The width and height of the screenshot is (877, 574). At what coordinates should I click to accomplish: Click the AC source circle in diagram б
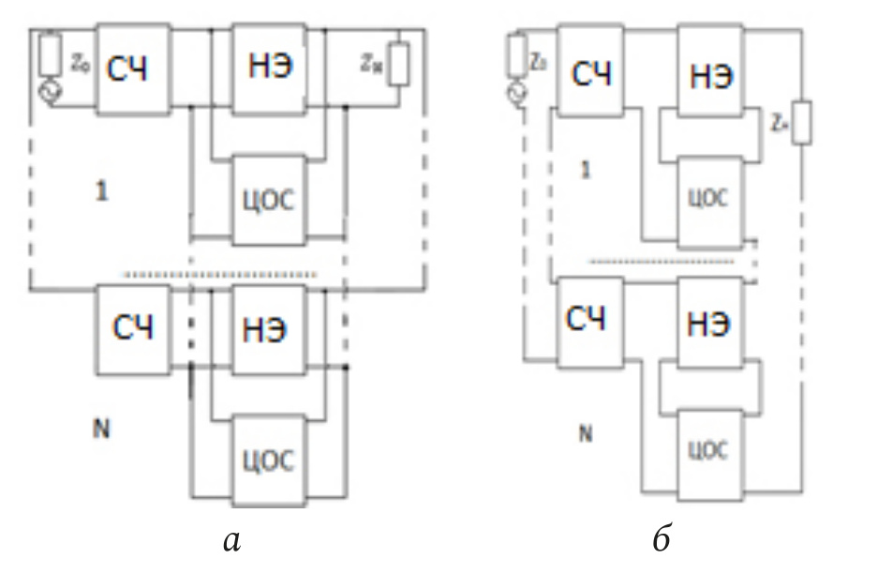(x=514, y=93)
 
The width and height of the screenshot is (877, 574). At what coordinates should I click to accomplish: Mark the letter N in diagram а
(x=99, y=430)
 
